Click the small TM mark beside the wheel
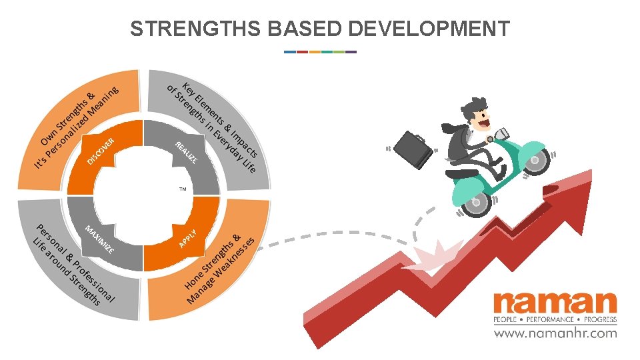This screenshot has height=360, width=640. (183, 191)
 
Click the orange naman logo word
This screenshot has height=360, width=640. (555, 304)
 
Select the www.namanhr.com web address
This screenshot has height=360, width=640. (555, 333)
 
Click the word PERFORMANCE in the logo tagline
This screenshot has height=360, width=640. (555, 319)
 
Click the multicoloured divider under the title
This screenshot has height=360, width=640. (320, 51)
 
